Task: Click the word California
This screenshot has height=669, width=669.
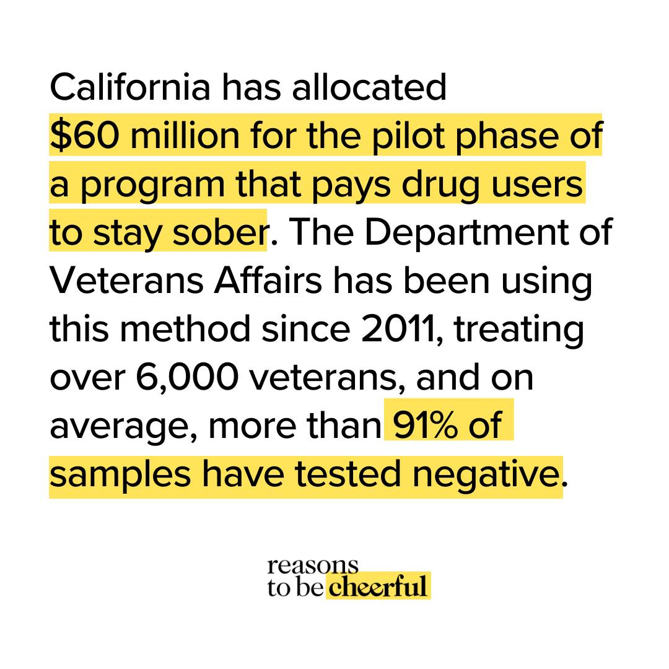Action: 129,88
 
